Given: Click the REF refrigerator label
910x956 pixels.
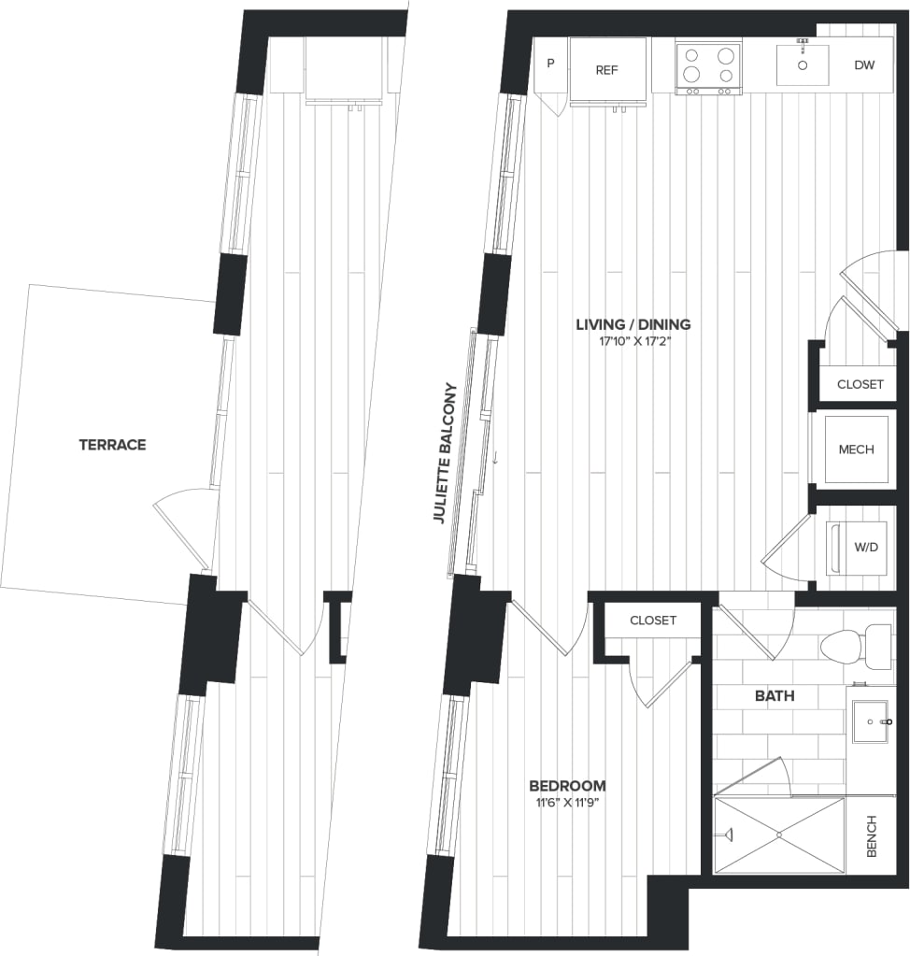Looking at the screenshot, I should (x=607, y=70).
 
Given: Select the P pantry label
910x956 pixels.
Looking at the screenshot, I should (x=550, y=64).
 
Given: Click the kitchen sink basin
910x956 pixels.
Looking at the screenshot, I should (x=803, y=64).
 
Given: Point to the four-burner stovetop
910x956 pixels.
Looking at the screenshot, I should (x=708, y=65).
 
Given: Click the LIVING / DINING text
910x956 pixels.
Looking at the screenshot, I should (x=633, y=324).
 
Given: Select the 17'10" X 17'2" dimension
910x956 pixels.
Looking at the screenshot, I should (x=635, y=342).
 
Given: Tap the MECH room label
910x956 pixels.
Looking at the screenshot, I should (x=856, y=449).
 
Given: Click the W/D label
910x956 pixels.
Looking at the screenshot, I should (x=866, y=547).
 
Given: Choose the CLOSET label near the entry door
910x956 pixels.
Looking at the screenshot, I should (x=860, y=384).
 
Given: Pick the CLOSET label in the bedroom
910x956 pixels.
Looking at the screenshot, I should (x=652, y=621).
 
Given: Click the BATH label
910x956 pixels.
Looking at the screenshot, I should (x=775, y=695).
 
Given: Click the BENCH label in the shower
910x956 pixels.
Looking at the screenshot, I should (x=871, y=835).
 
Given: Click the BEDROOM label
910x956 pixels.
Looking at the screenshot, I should (x=566, y=785).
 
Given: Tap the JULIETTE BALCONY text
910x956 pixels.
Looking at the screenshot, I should (x=443, y=453).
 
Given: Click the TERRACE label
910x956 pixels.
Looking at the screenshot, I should (x=112, y=445).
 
